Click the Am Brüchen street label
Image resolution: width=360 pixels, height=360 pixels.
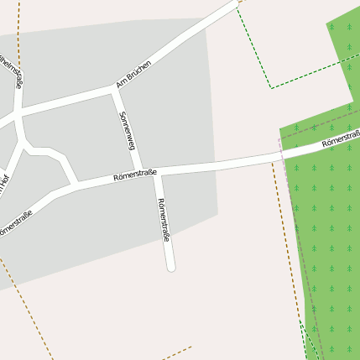[134, 76]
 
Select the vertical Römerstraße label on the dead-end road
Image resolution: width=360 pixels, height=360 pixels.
[164, 220]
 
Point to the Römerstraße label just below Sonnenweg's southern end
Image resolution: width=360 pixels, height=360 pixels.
[135, 175]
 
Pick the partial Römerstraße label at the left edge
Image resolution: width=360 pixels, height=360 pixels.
[14, 223]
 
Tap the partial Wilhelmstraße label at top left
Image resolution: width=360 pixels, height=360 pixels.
[11, 73]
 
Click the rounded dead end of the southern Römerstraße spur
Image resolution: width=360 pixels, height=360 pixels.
[171, 268]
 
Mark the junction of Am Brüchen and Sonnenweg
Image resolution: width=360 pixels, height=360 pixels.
[112, 88]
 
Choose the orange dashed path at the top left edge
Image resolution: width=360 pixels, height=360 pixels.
[18, 25]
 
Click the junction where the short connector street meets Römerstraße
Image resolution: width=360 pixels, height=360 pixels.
[77, 183]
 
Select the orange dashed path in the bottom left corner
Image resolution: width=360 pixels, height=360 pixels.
[25, 306]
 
